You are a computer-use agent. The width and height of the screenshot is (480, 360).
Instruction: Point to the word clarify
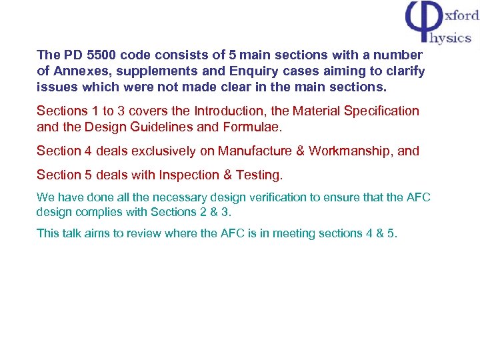(x=402, y=71)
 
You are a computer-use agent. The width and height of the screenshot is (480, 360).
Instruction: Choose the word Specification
(x=381, y=111)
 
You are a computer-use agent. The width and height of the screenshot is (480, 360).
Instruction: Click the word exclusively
(x=164, y=151)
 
